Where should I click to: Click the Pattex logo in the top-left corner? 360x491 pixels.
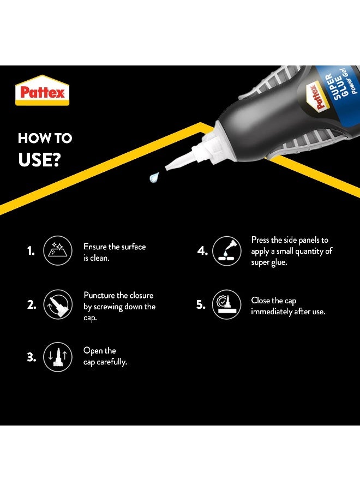(x=42, y=90)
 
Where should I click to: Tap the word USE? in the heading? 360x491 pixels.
(x=39, y=160)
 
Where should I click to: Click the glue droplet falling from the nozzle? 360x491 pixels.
(x=154, y=177)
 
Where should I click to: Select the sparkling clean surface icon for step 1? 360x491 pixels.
(x=58, y=250)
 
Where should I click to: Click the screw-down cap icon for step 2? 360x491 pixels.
(x=58, y=304)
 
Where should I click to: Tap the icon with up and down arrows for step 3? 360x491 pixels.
(x=58, y=357)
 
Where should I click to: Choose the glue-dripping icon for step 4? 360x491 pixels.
(x=227, y=251)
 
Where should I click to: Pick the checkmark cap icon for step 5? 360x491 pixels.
(x=227, y=304)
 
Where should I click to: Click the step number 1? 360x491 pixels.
(x=31, y=251)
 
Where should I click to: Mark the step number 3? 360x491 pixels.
(x=31, y=357)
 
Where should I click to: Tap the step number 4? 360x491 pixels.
(x=202, y=251)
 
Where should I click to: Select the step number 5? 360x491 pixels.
(x=201, y=304)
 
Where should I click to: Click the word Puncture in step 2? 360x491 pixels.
(x=99, y=295)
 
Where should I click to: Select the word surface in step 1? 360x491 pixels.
(x=133, y=247)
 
